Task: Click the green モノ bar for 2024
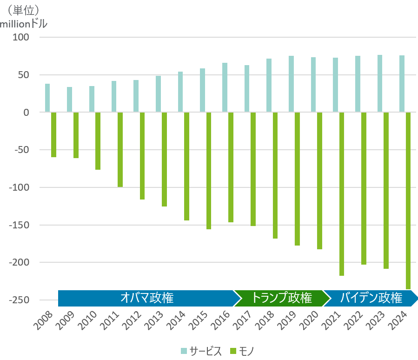pos(408,200)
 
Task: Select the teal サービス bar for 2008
pos(47,98)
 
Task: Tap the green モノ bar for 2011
pos(120,149)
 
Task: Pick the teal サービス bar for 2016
pos(225,87)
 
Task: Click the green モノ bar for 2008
pos(54,135)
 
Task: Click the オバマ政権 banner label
pos(146,298)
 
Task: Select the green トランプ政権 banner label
pos(281,298)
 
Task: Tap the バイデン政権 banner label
pos(371,298)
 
